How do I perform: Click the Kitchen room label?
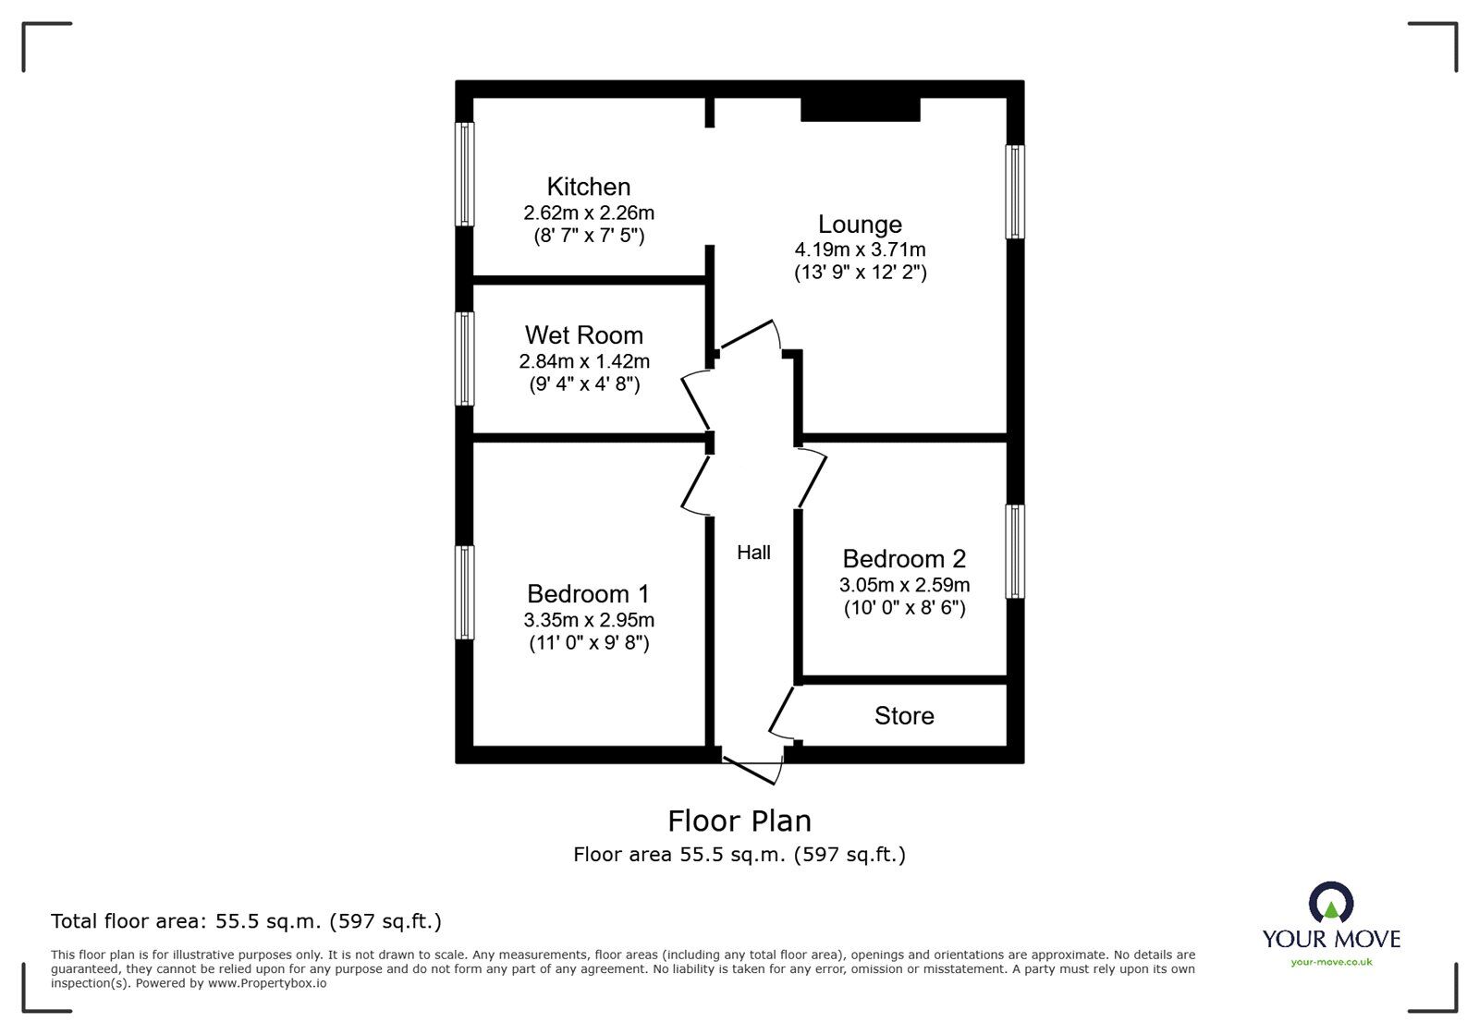point(588,187)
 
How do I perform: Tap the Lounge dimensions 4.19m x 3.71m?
point(860,249)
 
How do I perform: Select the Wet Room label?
point(583,335)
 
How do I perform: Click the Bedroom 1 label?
point(588,593)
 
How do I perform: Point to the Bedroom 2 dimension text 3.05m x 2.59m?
point(904,585)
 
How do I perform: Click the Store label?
point(904,716)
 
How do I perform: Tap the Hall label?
point(753,553)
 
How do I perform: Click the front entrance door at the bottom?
point(753,768)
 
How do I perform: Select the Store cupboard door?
point(782,712)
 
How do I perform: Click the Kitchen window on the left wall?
point(465,174)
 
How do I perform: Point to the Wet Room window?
point(465,359)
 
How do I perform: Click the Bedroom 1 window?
point(465,592)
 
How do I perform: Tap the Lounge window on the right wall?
point(1015,192)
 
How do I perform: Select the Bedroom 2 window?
point(1015,552)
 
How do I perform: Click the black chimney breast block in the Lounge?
point(860,109)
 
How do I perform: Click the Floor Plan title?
point(739,821)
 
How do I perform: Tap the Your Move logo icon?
point(1331,902)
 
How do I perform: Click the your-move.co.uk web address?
point(1331,962)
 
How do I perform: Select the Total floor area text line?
point(246,921)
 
